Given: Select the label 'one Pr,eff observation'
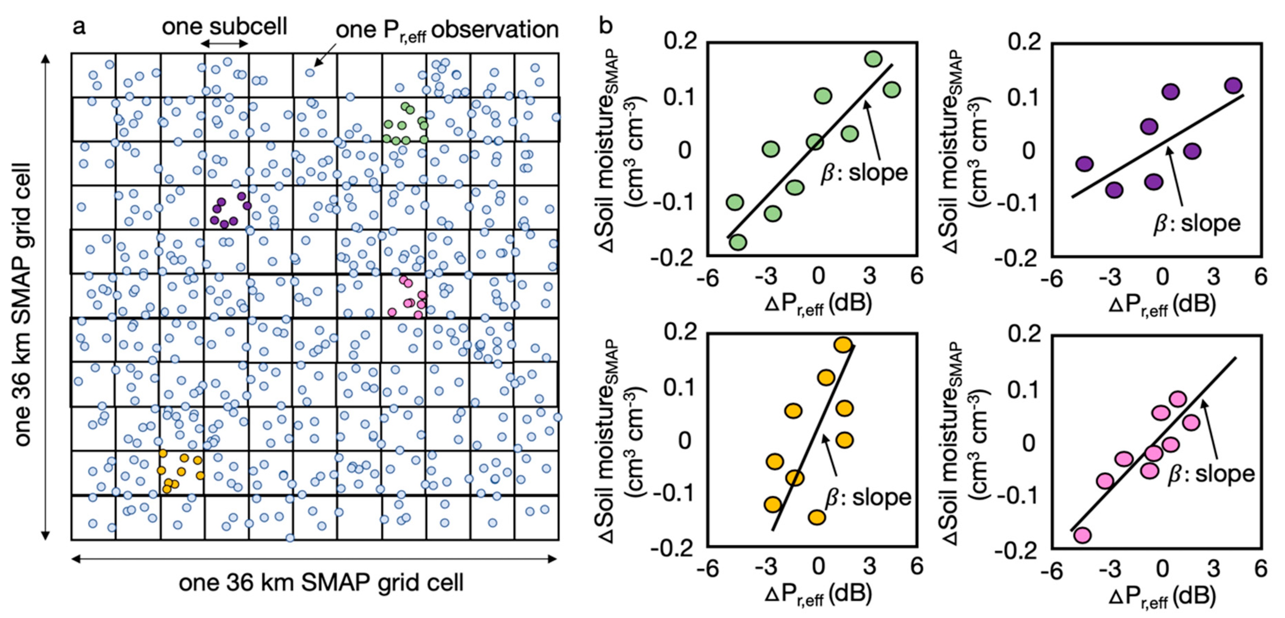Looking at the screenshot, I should (x=446, y=30).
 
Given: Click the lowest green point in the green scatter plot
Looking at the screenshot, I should (x=738, y=242).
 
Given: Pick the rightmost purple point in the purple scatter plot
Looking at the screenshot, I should (x=1233, y=85).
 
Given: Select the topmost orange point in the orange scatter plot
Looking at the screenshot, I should (x=842, y=345).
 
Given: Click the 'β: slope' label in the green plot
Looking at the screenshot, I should (x=864, y=173).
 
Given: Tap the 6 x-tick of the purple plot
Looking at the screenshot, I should (x=1260, y=277).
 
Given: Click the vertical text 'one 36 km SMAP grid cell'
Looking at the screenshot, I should (x=22, y=304).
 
